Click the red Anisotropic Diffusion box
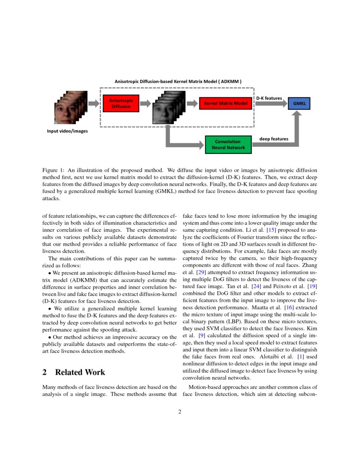click(121, 103)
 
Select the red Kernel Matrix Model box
click(226, 103)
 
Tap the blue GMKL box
click(299, 103)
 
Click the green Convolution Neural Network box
click(228, 144)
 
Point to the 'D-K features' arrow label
click(269, 98)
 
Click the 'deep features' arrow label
click(274, 139)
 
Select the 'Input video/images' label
click(67, 131)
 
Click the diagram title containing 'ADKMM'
click(178, 80)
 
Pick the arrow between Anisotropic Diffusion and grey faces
click(145, 103)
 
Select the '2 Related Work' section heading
click(74, 372)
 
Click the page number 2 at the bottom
click(180, 411)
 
